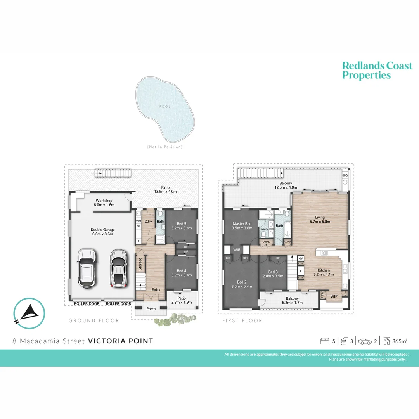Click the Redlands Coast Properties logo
click(377, 71)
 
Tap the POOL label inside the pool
click(164, 107)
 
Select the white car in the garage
click(87, 267)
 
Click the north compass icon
click(29, 313)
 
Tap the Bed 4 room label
click(182, 271)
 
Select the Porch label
click(151, 309)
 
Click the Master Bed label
click(242, 224)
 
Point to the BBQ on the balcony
click(345, 176)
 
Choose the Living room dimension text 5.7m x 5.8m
click(320, 222)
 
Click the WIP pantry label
click(334, 296)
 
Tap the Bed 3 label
click(273, 272)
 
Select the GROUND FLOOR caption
click(94, 320)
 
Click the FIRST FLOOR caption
click(242, 320)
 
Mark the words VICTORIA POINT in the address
click(120, 341)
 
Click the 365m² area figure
click(400, 341)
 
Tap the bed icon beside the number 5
click(325, 341)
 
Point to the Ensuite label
click(264, 229)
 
